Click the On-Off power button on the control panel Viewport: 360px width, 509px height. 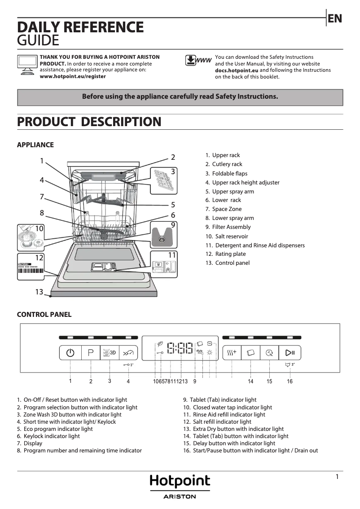coord(70,352)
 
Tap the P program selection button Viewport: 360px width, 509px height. coord(91,352)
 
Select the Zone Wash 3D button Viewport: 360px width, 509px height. coord(110,352)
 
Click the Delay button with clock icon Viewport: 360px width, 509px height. coord(269,352)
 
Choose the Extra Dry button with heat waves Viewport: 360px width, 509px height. coord(232,352)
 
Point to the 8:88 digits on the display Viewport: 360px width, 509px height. coord(180,348)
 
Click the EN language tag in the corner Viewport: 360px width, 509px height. coord(335,18)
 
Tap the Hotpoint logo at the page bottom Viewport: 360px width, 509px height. coord(180,482)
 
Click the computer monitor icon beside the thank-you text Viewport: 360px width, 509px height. coord(27,65)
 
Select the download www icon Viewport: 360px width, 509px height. coord(198,61)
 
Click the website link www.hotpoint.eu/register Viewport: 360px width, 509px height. coord(73,76)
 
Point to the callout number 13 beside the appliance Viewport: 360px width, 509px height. coord(39,292)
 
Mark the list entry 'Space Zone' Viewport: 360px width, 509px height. coord(227,209)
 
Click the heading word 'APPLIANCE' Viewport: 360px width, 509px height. coord(35,145)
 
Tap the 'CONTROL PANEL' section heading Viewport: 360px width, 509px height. coord(44,315)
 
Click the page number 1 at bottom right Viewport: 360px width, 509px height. coord(337,477)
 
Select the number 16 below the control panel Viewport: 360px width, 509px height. coord(290,382)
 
